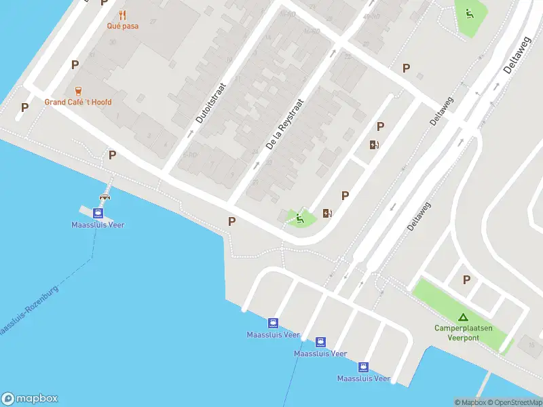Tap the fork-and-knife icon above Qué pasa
pos(122,14)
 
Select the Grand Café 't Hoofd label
pos(78,102)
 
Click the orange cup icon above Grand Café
pos(78,91)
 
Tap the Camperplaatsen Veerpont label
pos(463,332)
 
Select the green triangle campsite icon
pos(463,317)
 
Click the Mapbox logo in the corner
pos(30,399)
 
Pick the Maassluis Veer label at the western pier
pos(99,225)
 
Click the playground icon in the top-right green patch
pos(468,13)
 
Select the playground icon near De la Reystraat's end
pos(299,218)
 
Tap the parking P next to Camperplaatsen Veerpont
pos(466,279)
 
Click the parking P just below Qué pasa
pos(75,65)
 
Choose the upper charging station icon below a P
pos(374,144)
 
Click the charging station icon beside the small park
pos(328,214)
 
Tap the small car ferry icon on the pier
pos(105,197)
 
